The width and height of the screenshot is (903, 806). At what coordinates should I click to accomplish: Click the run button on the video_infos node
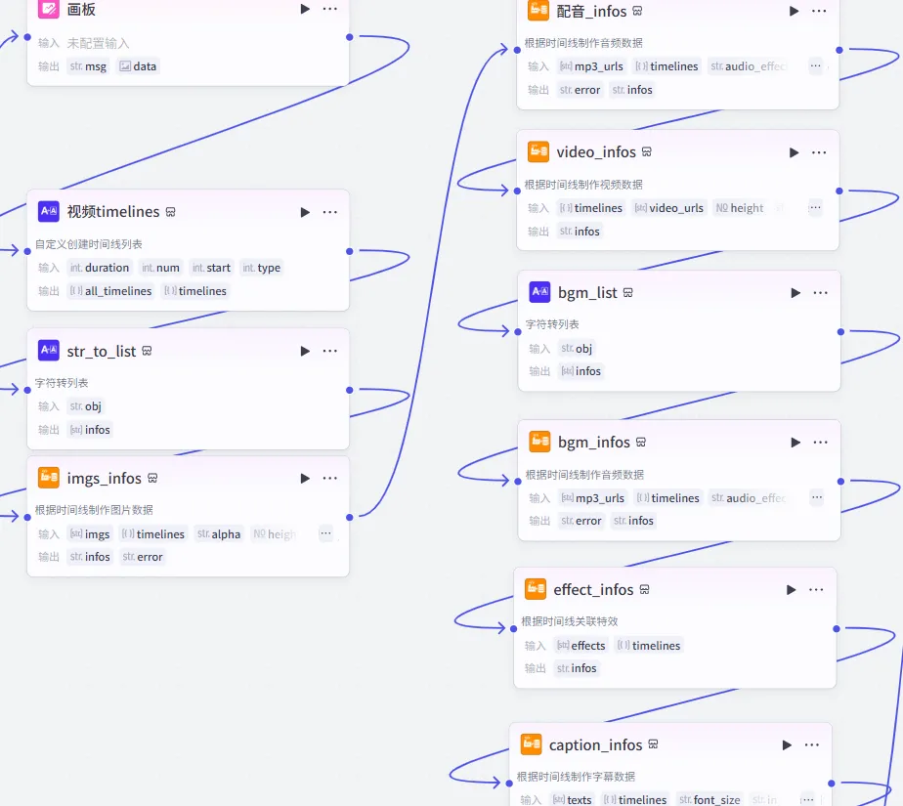click(795, 152)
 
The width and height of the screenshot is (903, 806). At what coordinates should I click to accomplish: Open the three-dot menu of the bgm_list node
click(820, 292)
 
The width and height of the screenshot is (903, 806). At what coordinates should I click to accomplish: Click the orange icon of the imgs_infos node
click(49, 478)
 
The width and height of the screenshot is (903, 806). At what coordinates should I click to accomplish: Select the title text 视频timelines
click(113, 212)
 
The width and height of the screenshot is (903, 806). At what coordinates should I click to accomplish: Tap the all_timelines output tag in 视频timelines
click(111, 291)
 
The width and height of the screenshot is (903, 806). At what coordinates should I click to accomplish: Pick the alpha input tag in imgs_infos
click(219, 534)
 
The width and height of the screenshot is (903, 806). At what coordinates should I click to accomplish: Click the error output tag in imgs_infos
click(144, 557)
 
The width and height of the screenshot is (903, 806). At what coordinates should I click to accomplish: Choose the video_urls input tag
click(668, 208)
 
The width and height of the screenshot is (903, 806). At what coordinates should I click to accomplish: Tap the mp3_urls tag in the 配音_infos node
click(591, 66)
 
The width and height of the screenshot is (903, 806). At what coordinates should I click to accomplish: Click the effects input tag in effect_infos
click(581, 646)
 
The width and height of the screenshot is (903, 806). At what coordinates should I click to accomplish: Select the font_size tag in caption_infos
click(709, 800)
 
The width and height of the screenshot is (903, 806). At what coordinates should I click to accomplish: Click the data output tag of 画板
click(138, 66)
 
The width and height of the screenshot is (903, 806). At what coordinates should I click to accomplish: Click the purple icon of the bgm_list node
click(539, 292)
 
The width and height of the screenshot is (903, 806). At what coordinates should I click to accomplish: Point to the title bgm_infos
click(594, 443)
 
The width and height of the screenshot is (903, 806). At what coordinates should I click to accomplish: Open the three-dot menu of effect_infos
click(816, 589)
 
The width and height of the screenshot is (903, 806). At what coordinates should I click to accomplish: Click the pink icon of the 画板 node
click(49, 9)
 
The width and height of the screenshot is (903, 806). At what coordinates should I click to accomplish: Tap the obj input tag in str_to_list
click(86, 406)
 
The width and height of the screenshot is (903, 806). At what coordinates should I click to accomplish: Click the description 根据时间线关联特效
click(570, 621)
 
